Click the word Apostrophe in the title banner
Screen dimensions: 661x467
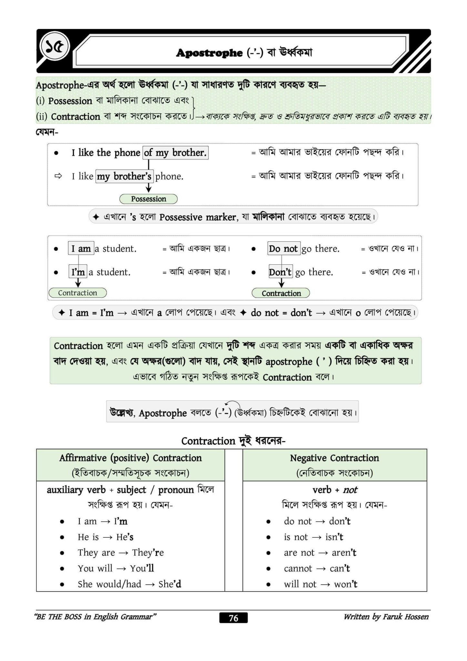[209, 53]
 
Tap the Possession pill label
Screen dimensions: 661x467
[148, 199]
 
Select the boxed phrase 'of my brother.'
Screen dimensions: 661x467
[175, 153]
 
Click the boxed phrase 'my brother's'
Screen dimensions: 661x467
[124, 177]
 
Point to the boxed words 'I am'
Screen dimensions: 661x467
[81, 249]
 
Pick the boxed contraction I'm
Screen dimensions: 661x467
[78, 272]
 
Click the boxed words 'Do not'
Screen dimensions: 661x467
[283, 249]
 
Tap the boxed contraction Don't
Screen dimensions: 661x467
[280, 272]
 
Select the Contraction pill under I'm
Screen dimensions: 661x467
[77, 293]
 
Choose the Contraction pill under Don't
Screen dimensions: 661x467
[281, 293]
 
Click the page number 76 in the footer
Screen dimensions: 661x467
[233, 618]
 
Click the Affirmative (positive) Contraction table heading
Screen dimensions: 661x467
[130, 458]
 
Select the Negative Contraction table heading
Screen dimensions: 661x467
[334, 458]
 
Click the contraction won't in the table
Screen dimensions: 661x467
[345, 584]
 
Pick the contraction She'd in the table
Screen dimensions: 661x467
[170, 584]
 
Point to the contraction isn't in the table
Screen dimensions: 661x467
[334, 537]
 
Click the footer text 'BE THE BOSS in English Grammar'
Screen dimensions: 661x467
[96, 617]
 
